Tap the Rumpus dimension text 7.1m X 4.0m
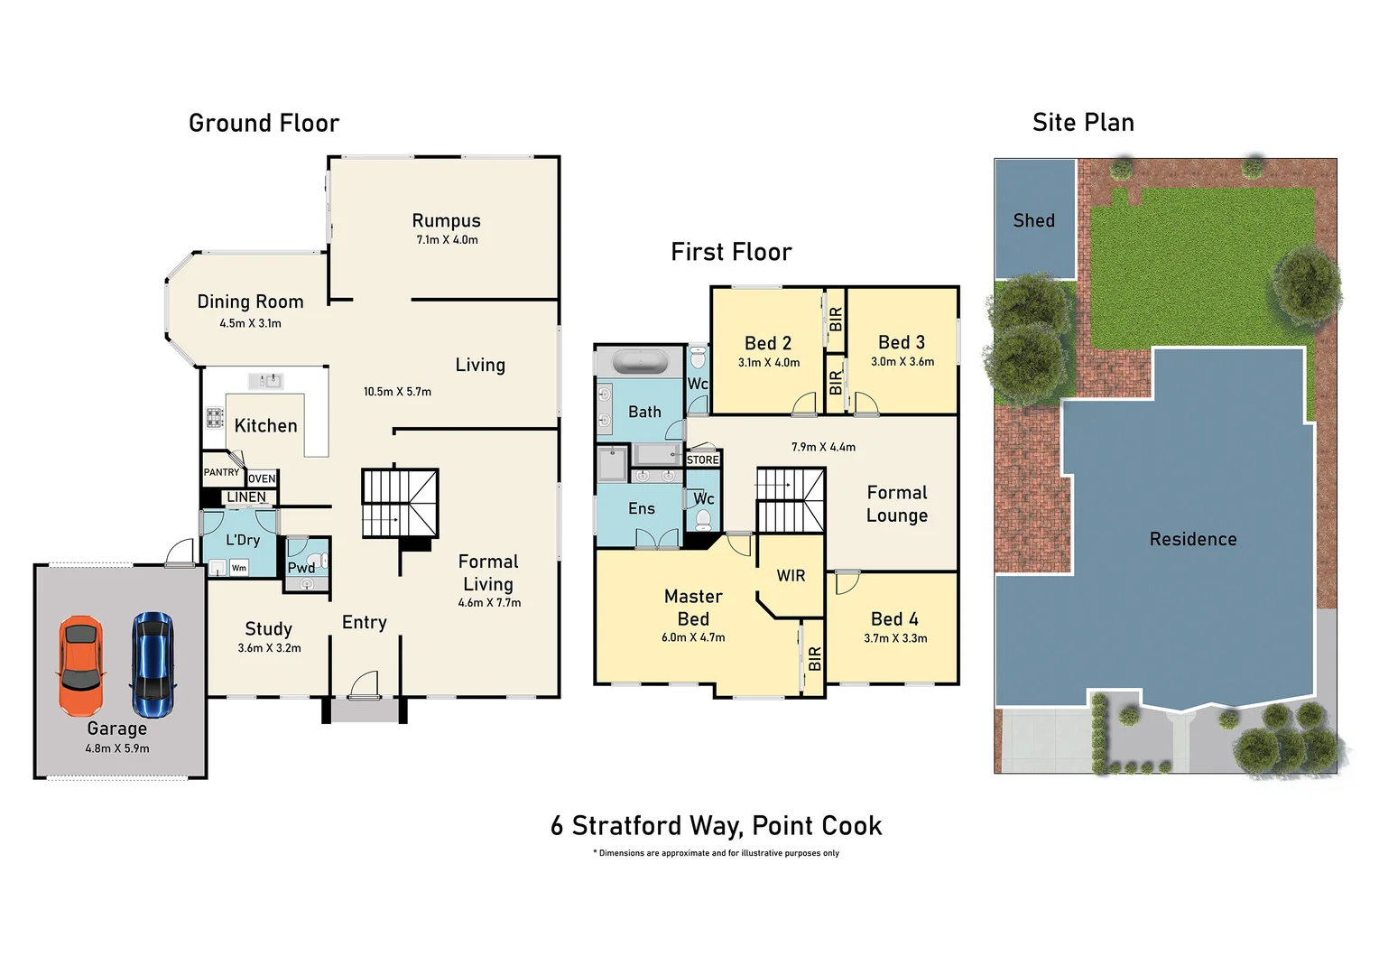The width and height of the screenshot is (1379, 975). [x=447, y=240]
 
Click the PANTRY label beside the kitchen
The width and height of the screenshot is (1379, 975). [x=221, y=472]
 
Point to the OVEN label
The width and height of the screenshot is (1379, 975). [x=262, y=478]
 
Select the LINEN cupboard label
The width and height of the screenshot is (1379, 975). [x=246, y=497]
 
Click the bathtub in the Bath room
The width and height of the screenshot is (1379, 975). [x=640, y=363]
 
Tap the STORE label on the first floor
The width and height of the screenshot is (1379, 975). [x=703, y=460]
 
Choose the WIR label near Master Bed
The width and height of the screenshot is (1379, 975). [x=791, y=576]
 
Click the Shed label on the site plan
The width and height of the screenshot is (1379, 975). [x=1033, y=220]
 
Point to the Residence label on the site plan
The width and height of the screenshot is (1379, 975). [x=1192, y=539]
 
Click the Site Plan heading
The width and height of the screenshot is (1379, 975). [x=1083, y=122]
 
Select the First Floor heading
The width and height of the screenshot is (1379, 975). [x=731, y=252]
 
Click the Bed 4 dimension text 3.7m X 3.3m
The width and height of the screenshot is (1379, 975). [x=895, y=638]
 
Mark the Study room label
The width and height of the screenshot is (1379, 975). [x=268, y=628]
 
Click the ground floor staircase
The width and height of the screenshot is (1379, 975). [x=400, y=503]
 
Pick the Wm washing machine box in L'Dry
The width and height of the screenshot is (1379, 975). [x=238, y=568]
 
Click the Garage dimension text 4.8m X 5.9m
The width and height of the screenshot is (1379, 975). [x=117, y=748]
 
